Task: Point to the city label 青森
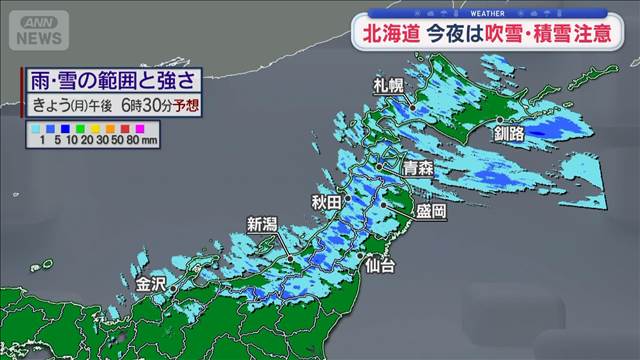pos(419,170)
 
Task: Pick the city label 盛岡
pos(431,212)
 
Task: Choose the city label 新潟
pos(262,224)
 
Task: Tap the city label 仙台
pos(380,265)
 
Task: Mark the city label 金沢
pos(151,283)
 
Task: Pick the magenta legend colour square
pos(140,128)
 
